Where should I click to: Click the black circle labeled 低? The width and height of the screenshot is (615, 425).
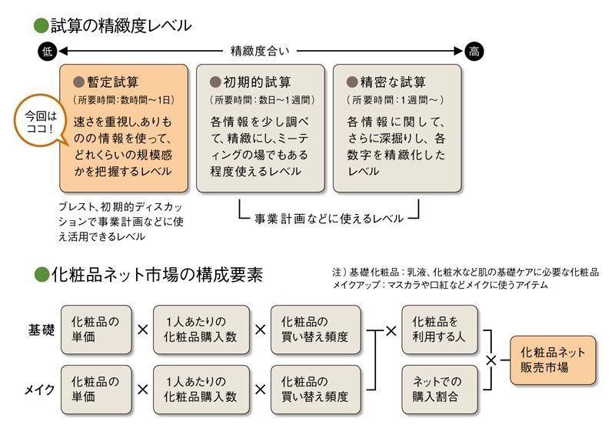coord(48,52)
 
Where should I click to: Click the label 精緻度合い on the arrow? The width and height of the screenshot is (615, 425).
coord(261,52)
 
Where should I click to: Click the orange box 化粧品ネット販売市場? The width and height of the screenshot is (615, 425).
coord(552,360)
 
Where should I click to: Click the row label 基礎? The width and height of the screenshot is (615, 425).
coord(39,330)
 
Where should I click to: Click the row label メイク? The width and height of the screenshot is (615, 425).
coord(39,390)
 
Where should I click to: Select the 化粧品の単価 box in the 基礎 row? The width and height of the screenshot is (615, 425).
coord(95,330)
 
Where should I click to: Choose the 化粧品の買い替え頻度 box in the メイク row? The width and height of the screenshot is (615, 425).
coord(314,389)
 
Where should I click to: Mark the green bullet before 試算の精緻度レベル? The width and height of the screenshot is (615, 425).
coord(42,25)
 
